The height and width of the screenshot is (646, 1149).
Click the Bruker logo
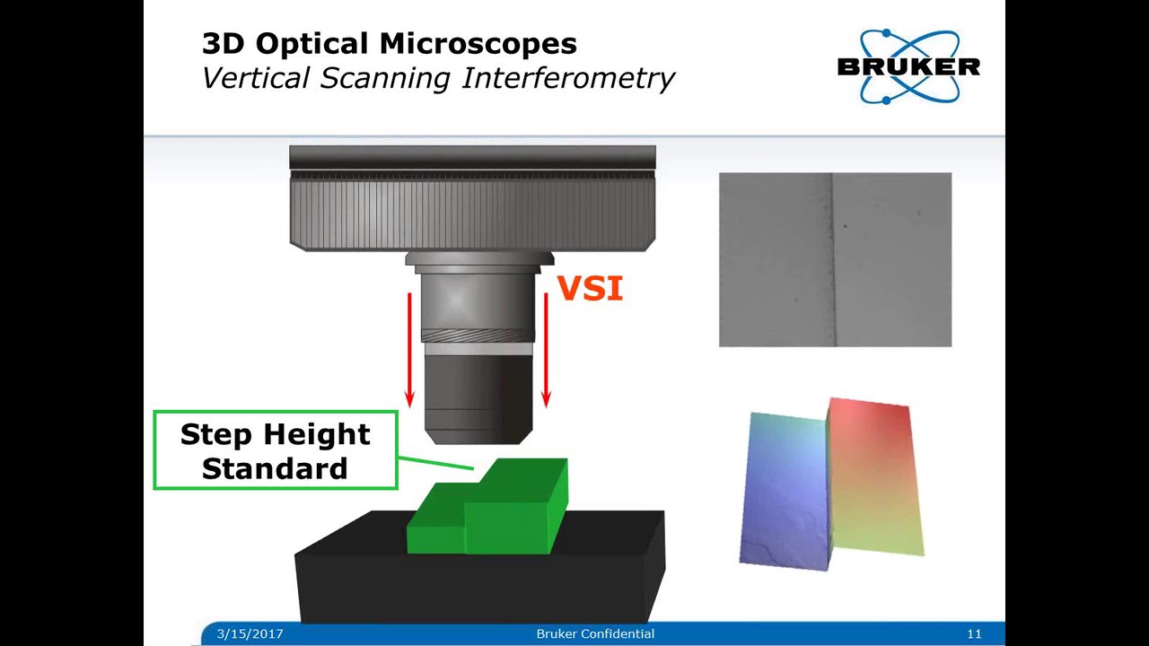tap(908, 66)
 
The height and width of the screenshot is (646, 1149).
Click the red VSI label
tap(590, 289)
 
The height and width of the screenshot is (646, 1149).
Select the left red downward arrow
tap(410, 350)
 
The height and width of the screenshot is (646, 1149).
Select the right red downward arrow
tap(545, 350)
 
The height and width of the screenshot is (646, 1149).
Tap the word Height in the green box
tap(313, 434)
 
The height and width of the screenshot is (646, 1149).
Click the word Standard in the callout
tap(275, 468)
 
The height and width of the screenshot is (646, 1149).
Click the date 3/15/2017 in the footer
tap(250, 633)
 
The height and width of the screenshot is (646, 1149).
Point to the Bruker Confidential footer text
tap(595, 633)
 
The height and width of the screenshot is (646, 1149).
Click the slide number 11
tap(974, 633)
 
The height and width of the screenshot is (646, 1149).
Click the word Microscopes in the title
tap(478, 43)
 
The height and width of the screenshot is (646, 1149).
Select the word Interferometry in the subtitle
tap(567, 78)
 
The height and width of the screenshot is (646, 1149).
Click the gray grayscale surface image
tap(835, 260)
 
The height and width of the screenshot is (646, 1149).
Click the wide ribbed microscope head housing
tap(472, 211)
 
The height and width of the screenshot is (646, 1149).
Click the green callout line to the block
tap(435, 462)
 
